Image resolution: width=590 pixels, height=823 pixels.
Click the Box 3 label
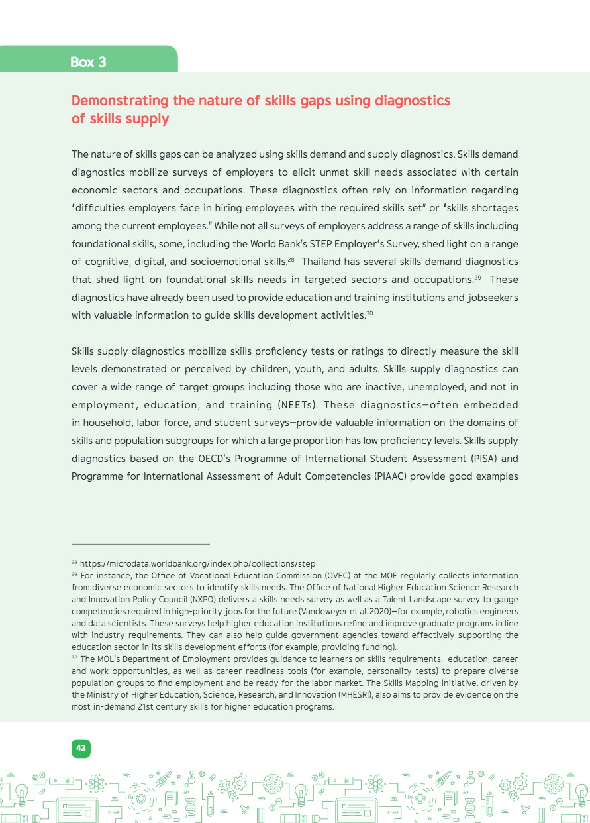(x=88, y=62)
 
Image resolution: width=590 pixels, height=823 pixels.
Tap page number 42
(x=81, y=748)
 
